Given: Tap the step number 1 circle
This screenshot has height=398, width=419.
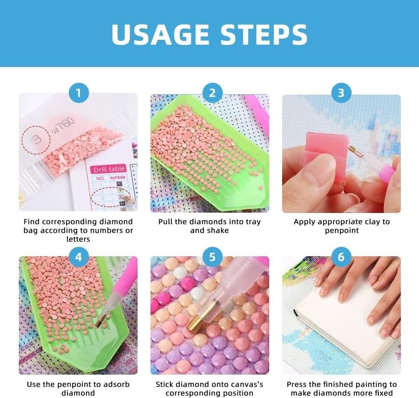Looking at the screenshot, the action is pyautogui.click(x=79, y=93).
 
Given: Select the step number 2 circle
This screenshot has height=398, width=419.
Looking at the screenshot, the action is pyautogui.click(x=212, y=93).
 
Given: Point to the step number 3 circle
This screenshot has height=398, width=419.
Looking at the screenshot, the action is pyautogui.click(x=341, y=93).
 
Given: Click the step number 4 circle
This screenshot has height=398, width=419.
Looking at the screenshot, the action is pyautogui.click(x=79, y=257).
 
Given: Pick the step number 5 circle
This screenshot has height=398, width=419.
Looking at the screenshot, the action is pyautogui.click(x=212, y=257).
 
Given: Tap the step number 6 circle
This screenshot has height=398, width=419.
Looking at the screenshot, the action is pyautogui.click(x=341, y=257).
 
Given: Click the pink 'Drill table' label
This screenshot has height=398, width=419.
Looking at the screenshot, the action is pyautogui.click(x=108, y=169).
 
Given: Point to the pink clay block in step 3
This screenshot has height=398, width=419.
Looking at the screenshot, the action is pyautogui.click(x=326, y=149).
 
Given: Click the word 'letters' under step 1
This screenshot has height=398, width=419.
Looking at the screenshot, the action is pyautogui.click(x=78, y=239).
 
